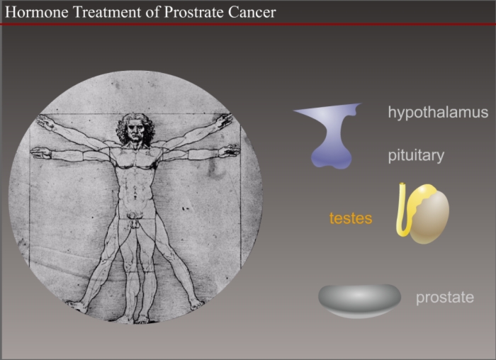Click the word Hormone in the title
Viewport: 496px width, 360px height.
pyautogui.click(x=37, y=12)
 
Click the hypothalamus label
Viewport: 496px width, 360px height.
pyautogui.click(x=438, y=113)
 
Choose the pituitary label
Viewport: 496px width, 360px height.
pyautogui.click(x=416, y=156)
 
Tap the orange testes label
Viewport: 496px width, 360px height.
pyautogui.click(x=351, y=218)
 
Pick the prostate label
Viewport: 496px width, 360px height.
pyautogui.click(x=445, y=298)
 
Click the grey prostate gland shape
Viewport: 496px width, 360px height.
pyautogui.click(x=359, y=300)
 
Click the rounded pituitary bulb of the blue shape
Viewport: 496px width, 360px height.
pyautogui.click(x=332, y=157)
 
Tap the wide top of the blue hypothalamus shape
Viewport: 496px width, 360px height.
pyautogui.click(x=329, y=111)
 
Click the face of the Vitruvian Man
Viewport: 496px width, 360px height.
pyautogui.click(x=136, y=130)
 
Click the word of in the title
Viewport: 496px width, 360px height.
pyautogui.click(x=153, y=12)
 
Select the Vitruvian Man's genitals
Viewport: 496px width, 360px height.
pyautogui.click(x=135, y=220)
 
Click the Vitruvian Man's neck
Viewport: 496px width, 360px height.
pyautogui.click(x=136, y=145)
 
